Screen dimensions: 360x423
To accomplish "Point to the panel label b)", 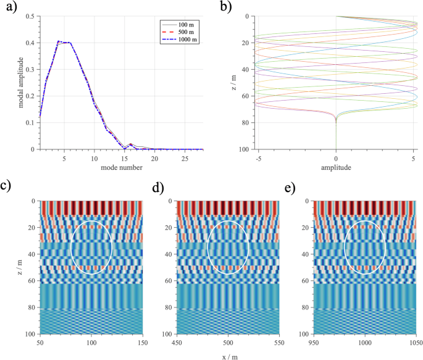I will pos(225,7).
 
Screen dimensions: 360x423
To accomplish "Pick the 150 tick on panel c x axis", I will pos(143,342).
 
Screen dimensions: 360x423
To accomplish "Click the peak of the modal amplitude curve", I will pos(59,41).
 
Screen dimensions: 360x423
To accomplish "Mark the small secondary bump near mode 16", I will pos(130,144).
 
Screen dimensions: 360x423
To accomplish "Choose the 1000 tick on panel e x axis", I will pos(366,342).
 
